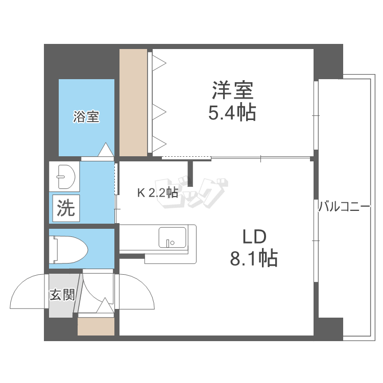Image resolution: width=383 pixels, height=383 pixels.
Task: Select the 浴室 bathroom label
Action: pos(86,117)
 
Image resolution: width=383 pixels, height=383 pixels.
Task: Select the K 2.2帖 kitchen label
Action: pos(157,193)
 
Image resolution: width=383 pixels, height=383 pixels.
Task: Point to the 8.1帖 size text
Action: pos(254,258)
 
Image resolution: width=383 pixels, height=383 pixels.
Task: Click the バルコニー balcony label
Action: pos(344,207)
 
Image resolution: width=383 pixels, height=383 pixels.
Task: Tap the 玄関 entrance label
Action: pos(62,295)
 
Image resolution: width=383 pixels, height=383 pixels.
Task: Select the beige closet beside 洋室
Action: pos(133,102)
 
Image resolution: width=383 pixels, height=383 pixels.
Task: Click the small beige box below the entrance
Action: pos(95,327)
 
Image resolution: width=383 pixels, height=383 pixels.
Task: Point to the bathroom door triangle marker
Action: pos(106,150)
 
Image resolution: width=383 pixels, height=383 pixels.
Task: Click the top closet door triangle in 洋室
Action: pos(160,62)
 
